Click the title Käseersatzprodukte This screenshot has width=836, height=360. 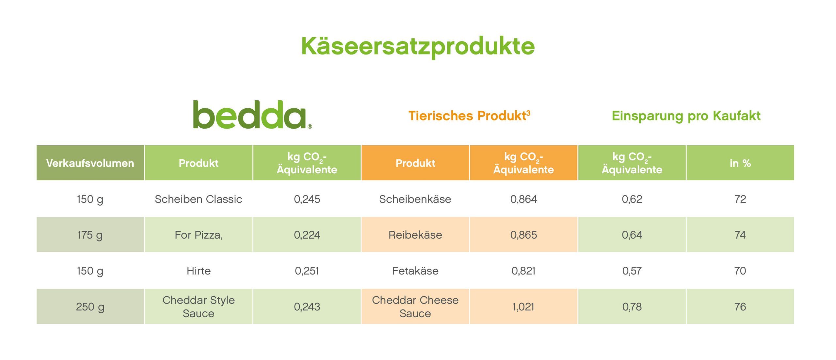pos(418,46)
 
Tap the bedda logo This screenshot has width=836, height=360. pos(252,115)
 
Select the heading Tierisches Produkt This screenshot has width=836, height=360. pos(469,116)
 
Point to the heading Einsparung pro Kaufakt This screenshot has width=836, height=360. pos(686,116)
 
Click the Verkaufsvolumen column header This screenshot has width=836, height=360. pos(90,163)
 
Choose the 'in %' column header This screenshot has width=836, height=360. pos(740,163)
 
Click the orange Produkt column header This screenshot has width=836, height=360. pos(415,163)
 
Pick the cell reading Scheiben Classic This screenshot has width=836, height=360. pos(199,199)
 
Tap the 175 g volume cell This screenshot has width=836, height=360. pos(90,235)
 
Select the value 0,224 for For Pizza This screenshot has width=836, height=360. pos(307,235)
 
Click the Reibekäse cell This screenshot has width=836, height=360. pos(415,235)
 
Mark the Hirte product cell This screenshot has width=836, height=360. pos(199,271)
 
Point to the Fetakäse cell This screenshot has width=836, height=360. pos(415,271)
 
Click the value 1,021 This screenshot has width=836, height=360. pos(523,306)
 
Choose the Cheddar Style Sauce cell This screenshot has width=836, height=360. pos(199,306)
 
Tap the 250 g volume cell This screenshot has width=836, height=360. pos(90,306)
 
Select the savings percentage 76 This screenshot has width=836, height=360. pos(740,306)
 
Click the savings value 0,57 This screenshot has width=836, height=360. pos(632,271)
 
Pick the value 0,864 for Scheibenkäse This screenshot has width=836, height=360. pos(523,199)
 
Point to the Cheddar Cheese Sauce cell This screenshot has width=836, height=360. pos(415,306)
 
